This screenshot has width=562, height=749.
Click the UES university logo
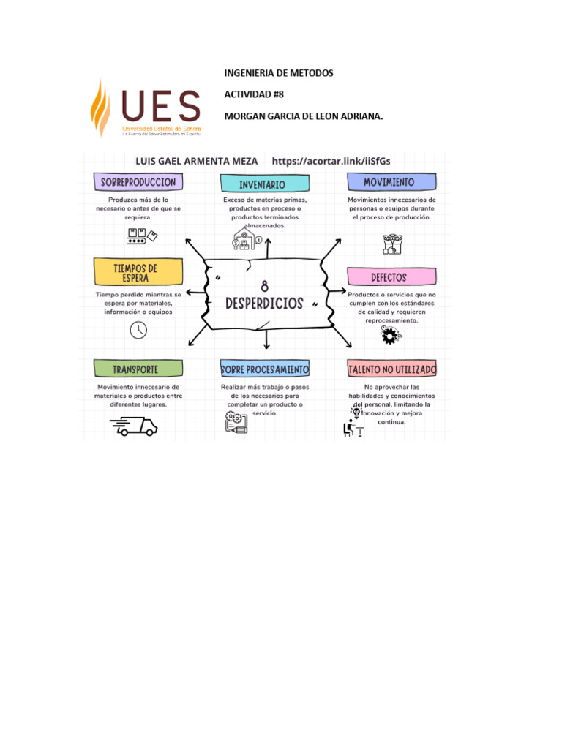[146, 108]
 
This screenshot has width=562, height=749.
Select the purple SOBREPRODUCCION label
[138, 181]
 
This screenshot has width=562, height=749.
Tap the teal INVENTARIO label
[262, 184]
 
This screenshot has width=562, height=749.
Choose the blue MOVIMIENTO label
[391, 182]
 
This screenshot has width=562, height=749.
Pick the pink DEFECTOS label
[389, 277]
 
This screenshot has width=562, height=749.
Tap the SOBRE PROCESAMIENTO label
[265, 369]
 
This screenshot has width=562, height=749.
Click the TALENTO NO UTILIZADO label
[392, 369]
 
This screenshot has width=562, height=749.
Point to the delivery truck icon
[134, 426]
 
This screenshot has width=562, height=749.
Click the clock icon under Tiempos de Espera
[138, 330]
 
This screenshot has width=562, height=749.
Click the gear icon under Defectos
[390, 336]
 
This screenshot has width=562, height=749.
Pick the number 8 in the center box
[264, 288]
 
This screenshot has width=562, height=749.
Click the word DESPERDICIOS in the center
[264, 304]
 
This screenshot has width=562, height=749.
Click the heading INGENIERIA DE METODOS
[278, 74]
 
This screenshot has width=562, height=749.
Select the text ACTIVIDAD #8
[253, 95]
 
